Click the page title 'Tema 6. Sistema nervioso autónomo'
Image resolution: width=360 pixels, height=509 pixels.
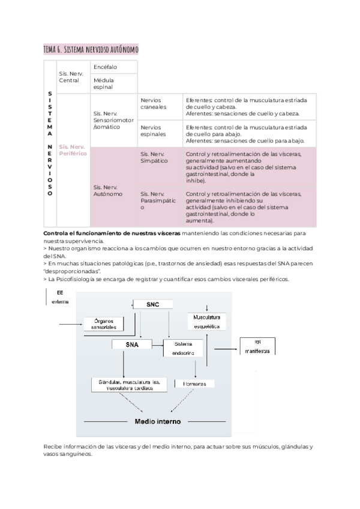pyautogui.click(x=91, y=50)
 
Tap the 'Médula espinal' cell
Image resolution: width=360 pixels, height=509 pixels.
pyautogui.click(x=104, y=83)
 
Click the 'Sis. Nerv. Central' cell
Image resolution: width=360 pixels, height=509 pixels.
pyautogui.click(x=71, y=77)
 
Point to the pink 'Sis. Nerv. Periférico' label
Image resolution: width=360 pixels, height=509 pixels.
pyautogui.click(x=73, y=149)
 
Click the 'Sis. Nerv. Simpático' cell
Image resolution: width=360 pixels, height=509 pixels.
pyautogui.click(x=154, y=158)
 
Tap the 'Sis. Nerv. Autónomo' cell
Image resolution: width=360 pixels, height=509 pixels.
pyautogui.click(x=108, y=191)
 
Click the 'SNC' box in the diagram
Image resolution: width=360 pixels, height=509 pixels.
pyautogui.click(x=153, y=305)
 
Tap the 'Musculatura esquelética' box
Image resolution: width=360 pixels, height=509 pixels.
pyautogui.click(x=206, y=321)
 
